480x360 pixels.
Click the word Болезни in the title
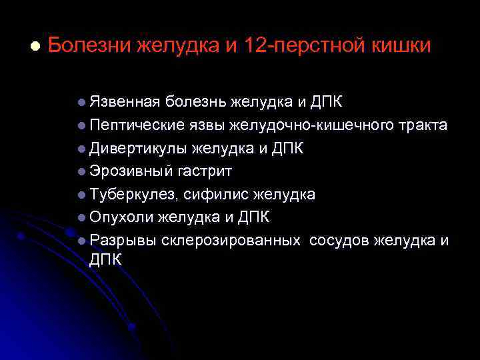pyautogui.click(x=89, y=46)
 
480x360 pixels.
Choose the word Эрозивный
pyautogui.click(x=131, y=171)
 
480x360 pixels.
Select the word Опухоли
pyautogui.click(x=121, y=217)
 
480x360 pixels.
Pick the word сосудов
pyautogui.click(x=339, y=240)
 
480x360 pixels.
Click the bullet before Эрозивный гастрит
pyautogui.click(x=81, y=171)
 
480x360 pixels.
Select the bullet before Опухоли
pyautogui.click(x=81, y=217)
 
